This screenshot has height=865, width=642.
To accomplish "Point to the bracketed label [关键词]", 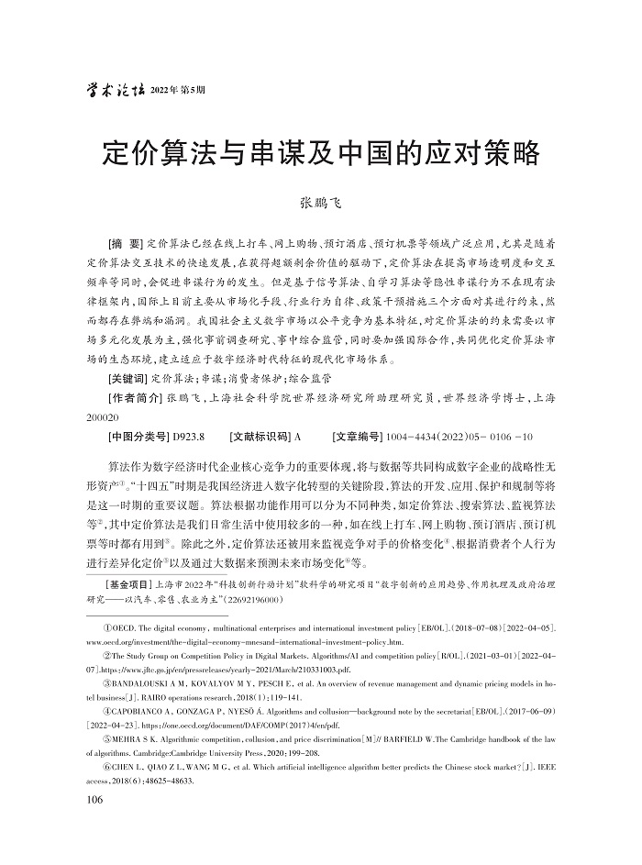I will (127, 378).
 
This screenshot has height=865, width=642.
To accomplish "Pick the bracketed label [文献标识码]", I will (260, 437).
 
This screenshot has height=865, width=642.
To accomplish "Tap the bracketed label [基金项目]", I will (129, 582).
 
